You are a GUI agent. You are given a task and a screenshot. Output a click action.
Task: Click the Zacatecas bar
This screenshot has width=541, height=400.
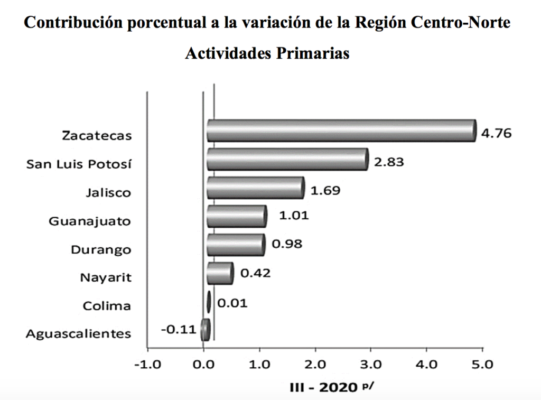(x=341, y=130)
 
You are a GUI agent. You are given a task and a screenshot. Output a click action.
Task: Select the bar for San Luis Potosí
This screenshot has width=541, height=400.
(x=287, y=159)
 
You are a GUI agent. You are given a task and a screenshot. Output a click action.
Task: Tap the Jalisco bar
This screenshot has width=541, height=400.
(x=255, y=188)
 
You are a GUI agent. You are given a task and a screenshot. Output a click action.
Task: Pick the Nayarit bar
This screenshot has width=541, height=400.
(x=219, y=273)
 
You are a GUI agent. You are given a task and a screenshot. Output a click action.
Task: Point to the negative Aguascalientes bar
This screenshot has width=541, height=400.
(x=206, y=330)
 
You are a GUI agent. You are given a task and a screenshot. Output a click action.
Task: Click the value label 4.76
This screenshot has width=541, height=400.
(x=496, y=133)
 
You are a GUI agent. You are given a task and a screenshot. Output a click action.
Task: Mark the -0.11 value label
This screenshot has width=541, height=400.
(x=178, y=330)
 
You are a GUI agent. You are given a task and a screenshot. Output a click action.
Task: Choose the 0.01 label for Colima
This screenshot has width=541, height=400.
(x=232, y=303)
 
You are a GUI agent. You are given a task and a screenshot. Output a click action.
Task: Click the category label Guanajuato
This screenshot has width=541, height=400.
(x=89, y=221)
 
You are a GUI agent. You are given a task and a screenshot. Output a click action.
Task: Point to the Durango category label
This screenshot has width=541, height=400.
(x=101, y=249)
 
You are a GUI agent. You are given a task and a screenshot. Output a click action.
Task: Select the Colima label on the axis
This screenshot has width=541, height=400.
(x=107, y=305)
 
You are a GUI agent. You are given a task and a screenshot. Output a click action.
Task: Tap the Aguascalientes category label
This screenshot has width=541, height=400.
(x=78, y=333)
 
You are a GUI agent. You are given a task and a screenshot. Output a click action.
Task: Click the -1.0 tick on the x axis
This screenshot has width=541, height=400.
(x=147, y=365)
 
